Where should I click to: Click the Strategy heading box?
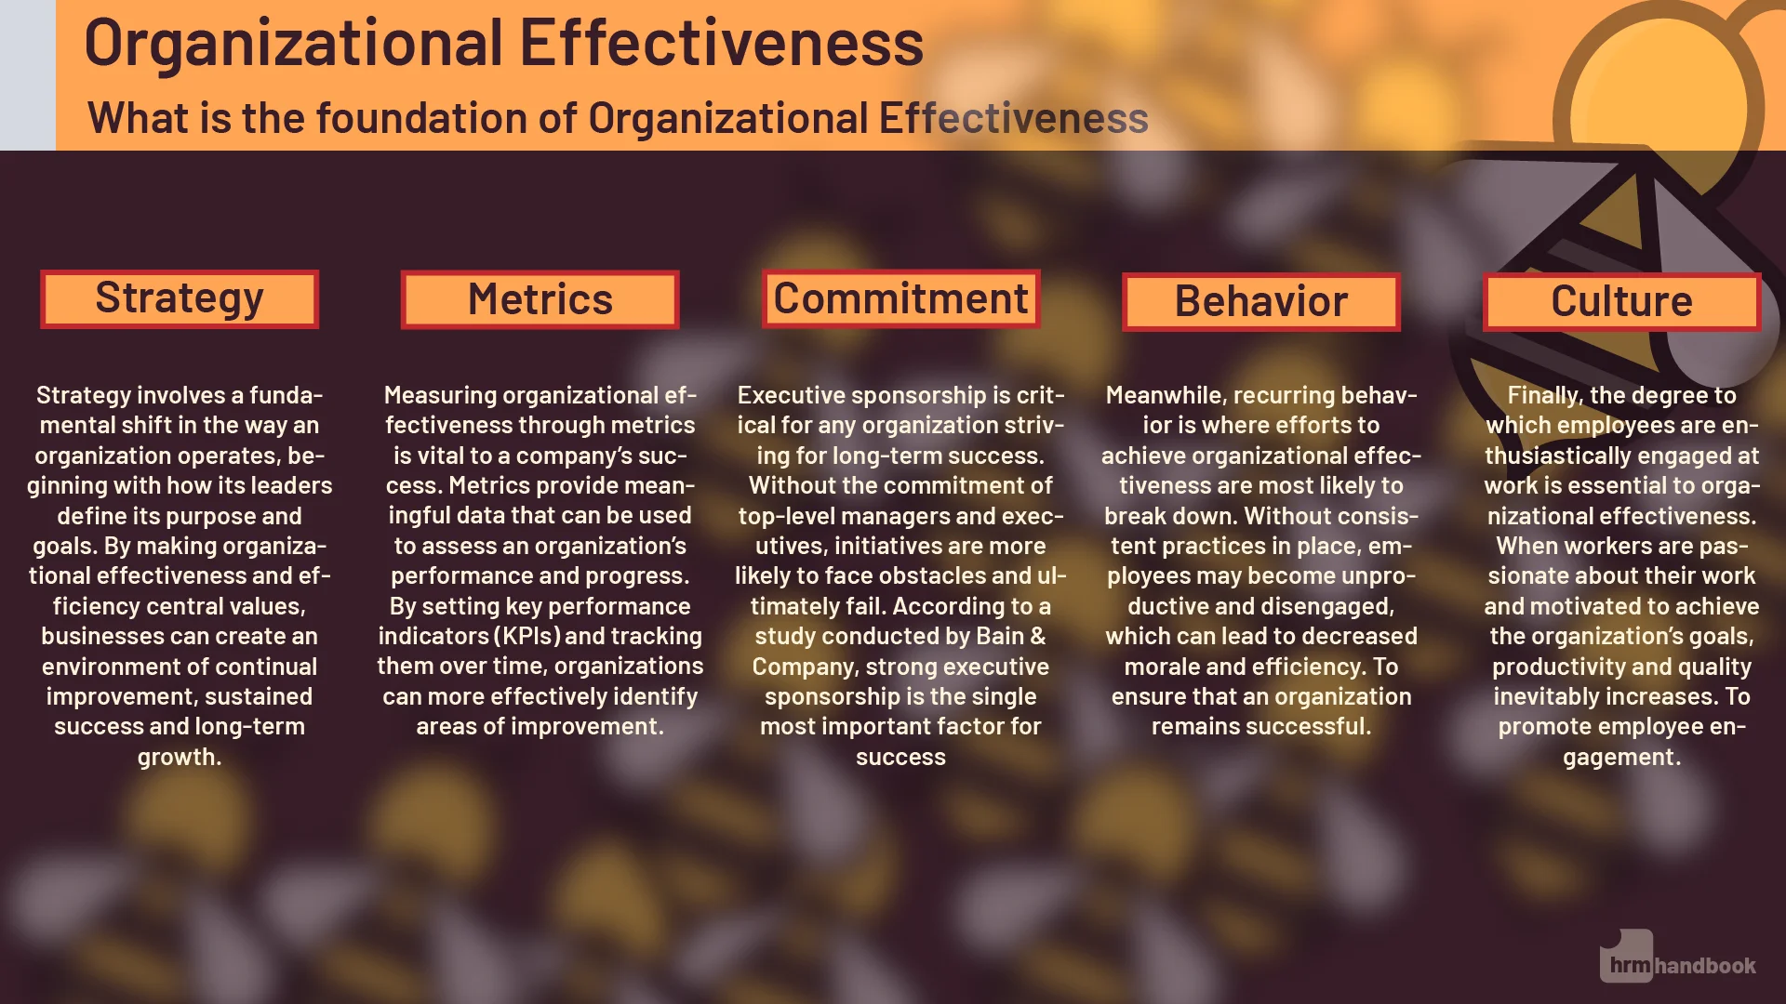pos(180,299)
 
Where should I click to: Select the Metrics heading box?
pos(540,300)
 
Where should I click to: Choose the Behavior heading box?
pos(1260,302)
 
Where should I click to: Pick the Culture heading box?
pos(1621,302)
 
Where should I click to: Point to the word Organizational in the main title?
pos(294,43)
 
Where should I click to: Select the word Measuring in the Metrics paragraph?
pos(440,396)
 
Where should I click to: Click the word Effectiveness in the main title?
pos(721,43)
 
